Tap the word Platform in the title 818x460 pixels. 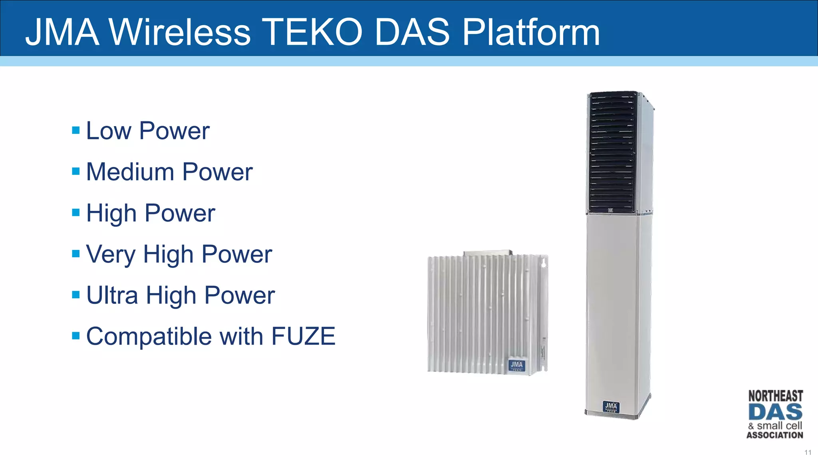(531, 33)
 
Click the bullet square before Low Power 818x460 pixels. (76, 130)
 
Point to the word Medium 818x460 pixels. (130, 172)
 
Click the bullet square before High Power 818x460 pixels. (76, 212)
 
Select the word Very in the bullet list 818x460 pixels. (111, 254)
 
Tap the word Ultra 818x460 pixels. (112, 295)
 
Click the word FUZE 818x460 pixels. (303, 336)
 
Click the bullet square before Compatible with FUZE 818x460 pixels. (76, 335)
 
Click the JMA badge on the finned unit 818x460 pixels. (516, 365)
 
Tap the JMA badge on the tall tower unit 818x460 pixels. (611, 407)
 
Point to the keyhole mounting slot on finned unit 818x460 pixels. (543, 263)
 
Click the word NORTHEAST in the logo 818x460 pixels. (775, 396)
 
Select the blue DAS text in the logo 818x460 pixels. (775, 412)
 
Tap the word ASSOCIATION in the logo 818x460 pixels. (775, 435)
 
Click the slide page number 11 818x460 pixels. (808, 452)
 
